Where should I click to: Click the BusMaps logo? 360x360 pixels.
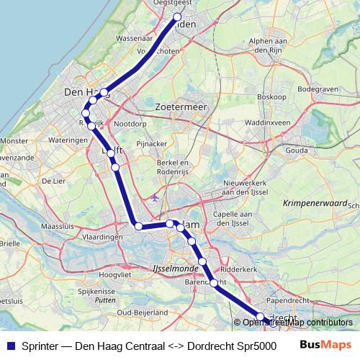pyautogui.click(x=326, y=345)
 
